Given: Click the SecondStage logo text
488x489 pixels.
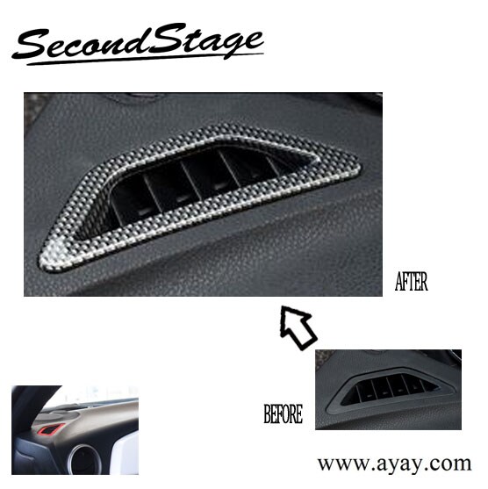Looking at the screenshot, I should click(x=139, y=41).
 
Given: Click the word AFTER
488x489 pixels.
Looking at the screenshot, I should click(x=412, y=283).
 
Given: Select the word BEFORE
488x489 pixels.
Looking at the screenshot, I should click(x=283, y=414).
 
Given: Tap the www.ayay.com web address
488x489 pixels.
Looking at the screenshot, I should click(x=394, y=463).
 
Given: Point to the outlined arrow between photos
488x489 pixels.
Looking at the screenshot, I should click(x=298, y=327).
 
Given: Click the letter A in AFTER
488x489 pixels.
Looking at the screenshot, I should click(x=398, y=283).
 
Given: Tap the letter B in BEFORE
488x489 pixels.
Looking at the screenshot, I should click(x=268, y=414).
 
